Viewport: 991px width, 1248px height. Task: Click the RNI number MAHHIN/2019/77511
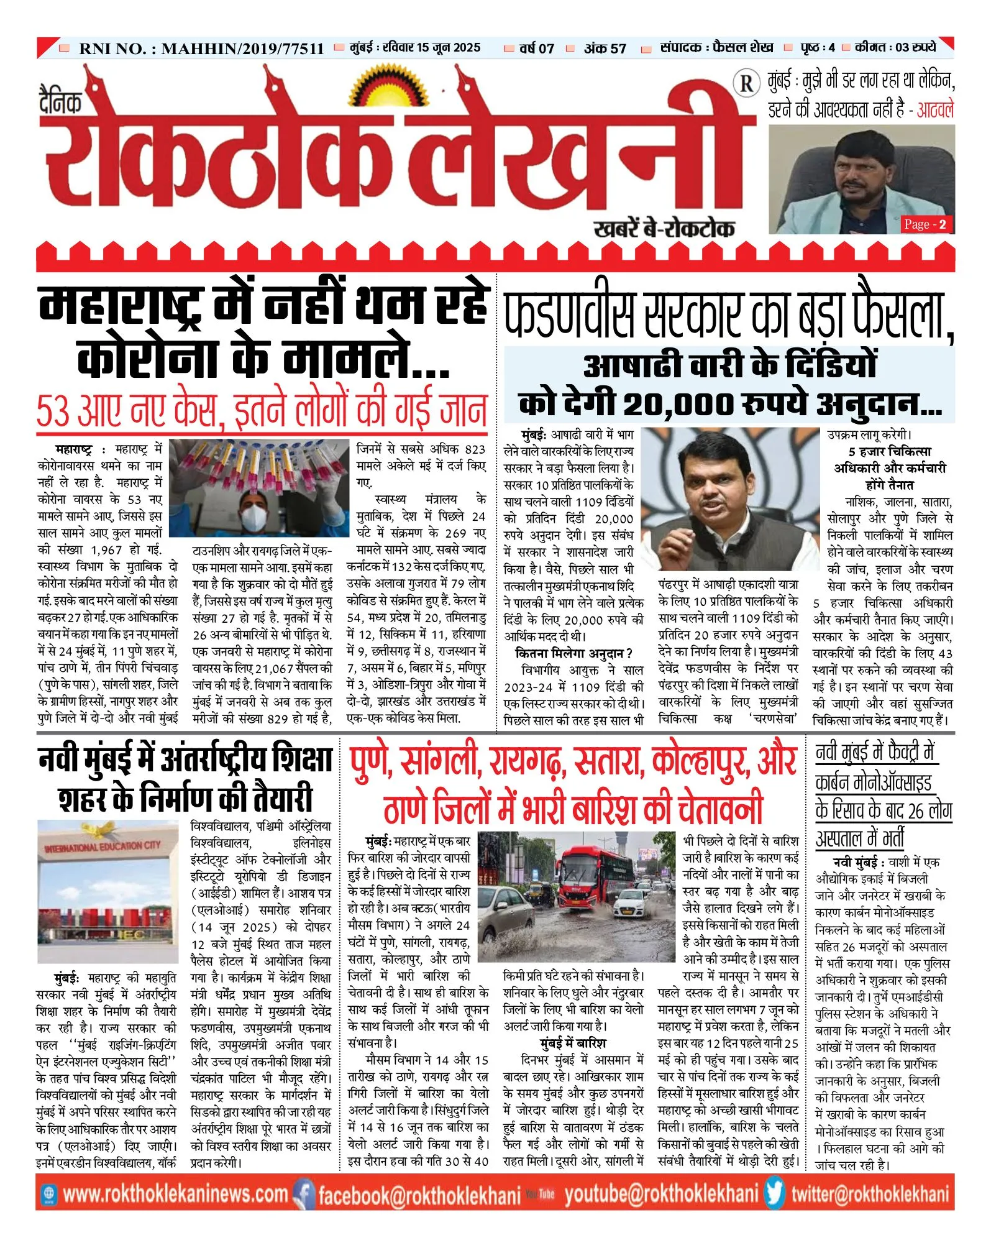coord(242,48)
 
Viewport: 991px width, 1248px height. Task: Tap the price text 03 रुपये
coord(915,47)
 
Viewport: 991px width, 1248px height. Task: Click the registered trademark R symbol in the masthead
coord(746,83)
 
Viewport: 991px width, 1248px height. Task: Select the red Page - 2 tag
coord(925,224)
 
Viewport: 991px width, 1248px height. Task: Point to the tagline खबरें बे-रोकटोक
coord(664,229)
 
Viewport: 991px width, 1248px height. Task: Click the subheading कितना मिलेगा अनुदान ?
coord(574,653)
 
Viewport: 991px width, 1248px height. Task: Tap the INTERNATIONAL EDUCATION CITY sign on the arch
coord(103,847)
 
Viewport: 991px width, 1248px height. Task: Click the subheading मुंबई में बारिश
coord(573,1043)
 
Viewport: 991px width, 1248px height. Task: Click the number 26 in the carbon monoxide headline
coord(916,810)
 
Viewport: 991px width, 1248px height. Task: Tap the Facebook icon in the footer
coord(303,1194)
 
